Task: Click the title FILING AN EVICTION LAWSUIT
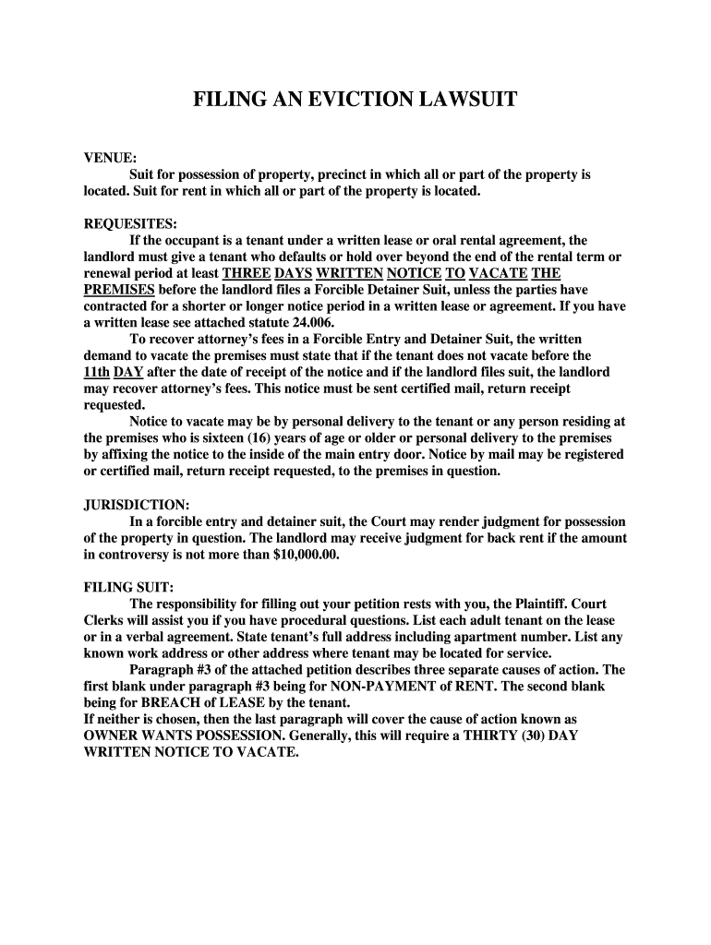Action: [x=355, y=100]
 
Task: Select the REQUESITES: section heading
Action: [x=130, y=224]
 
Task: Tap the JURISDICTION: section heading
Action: [x=137, y=506]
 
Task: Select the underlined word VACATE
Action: [x=499, y=274]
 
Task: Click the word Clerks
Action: [x=105, y=621]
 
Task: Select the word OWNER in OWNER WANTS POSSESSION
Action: [x=110, y=736]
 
